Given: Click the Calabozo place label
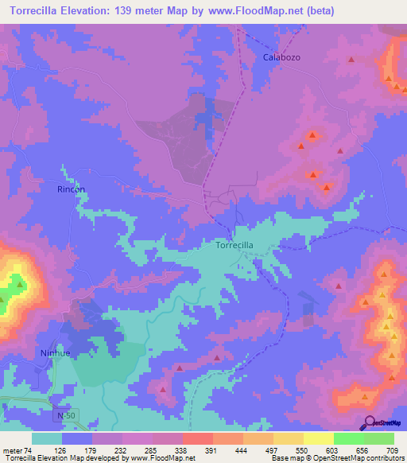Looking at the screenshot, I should pos(282,58).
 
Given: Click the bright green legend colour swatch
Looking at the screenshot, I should pos(348,438).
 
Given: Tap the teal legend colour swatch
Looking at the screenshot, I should pos(47,438).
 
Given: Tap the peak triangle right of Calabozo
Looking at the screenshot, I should pos(351,60).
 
